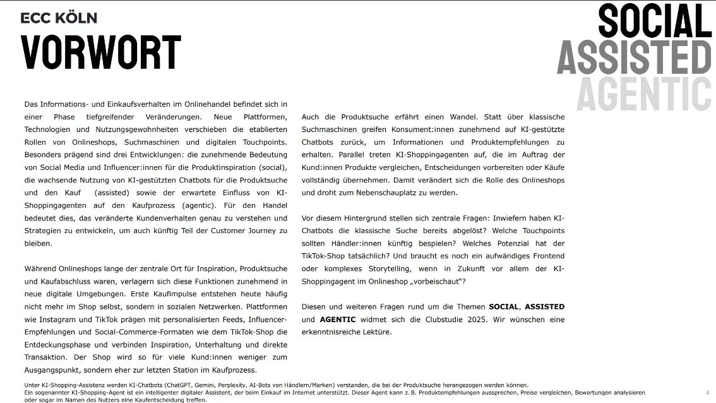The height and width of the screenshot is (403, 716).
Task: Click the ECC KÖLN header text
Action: [59, 18]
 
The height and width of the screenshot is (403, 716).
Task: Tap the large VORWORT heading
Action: [101, 52]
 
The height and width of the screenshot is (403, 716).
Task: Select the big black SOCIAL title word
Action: [654, 21]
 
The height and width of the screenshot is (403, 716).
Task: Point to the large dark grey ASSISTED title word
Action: [633, 58]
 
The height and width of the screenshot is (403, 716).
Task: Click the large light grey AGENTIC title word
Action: [643, 94]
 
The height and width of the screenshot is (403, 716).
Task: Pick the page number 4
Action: [707, 392]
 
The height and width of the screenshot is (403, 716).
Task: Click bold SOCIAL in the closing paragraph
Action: [503, 307]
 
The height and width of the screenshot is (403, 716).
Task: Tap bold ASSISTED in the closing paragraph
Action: [544, 307]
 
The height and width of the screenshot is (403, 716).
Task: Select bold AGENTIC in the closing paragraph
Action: [338, 320]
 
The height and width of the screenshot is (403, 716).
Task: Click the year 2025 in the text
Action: [477, 320]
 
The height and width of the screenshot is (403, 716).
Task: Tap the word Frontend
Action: [546, 256]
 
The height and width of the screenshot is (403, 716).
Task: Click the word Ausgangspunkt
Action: [53, 370]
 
